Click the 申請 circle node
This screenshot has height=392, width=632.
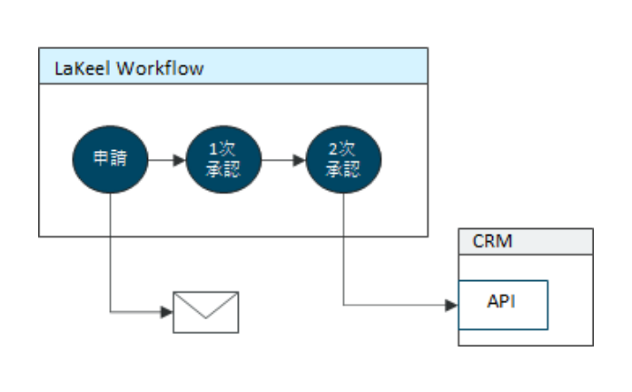click(110, 159)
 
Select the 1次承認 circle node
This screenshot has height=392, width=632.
click(223, 159)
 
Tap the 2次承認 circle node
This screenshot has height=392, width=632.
click(343, 159)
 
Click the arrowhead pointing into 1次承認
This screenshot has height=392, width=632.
click(179, 160)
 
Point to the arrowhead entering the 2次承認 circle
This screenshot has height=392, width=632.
click(299, 160)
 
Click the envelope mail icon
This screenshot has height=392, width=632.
click(206, 312)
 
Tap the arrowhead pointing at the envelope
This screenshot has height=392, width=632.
click(166, 312)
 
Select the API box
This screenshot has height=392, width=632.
click(503, 305)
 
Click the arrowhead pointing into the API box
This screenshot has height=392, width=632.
click(452, 306)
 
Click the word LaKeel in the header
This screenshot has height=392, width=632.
click(83, 68)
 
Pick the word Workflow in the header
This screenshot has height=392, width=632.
click(160, 68)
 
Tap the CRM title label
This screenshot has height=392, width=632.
click(492, 241)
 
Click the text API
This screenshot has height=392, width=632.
click(501, 301)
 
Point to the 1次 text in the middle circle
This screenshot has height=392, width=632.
click(222, 149)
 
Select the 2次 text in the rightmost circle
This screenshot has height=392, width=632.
click(341, 149)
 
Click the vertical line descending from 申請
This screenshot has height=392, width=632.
click(110, 253)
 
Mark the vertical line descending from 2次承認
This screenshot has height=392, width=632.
click(343, 249)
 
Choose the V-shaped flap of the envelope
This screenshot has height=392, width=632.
click(206, 306)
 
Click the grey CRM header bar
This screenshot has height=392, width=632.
click(526, 241)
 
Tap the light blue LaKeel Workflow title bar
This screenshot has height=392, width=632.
click(233, 65)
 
